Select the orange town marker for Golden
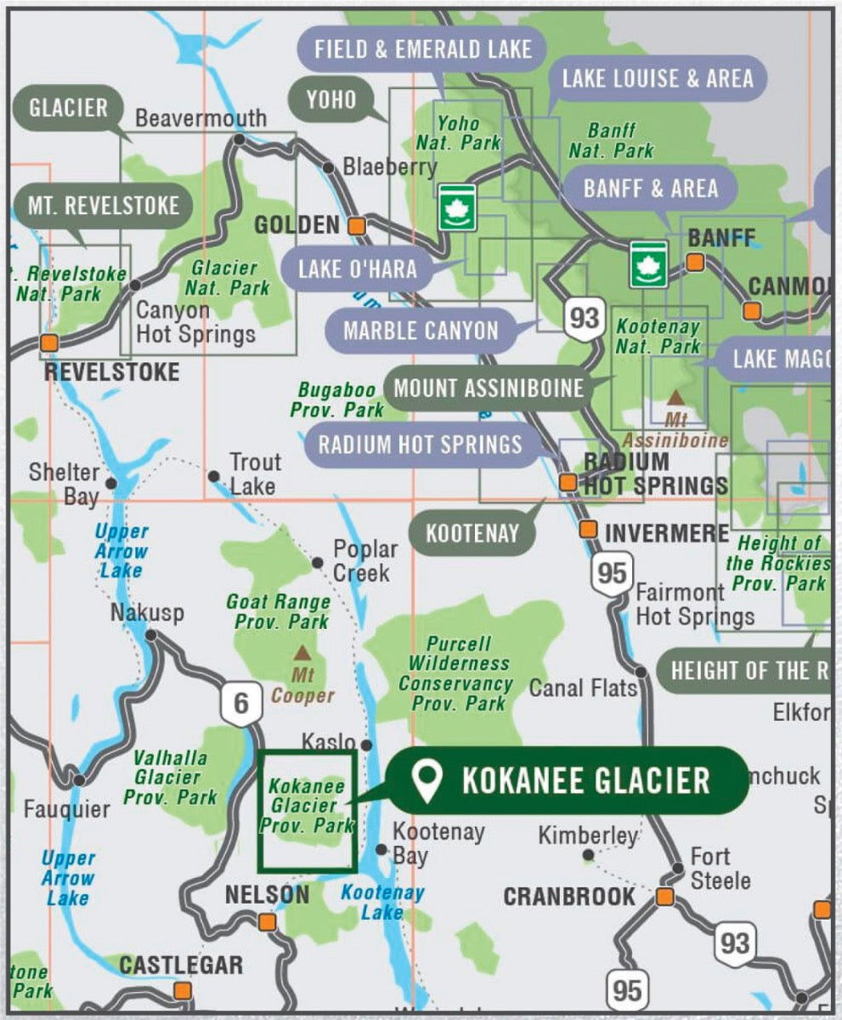click(357, 226)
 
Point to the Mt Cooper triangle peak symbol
click(302, 654)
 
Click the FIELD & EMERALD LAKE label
click(422, 48)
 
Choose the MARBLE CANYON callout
click(421, 330)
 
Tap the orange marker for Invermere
click(588, 530)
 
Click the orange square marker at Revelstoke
click(49, 343)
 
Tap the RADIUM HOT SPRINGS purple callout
click(420, 443)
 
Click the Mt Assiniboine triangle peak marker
click(676, 397)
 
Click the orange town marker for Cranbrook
click(664, 897)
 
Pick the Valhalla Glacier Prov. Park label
click(171, 777)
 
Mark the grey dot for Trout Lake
click(214, 477)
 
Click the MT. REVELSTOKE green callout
click(103, 206)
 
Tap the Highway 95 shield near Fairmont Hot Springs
click(612, 574)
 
